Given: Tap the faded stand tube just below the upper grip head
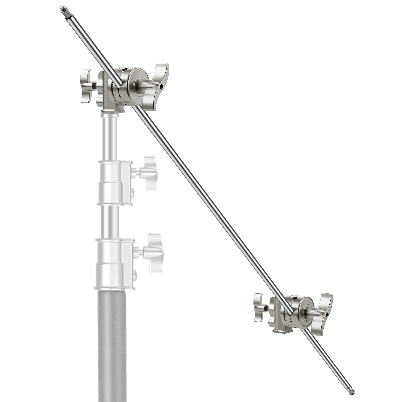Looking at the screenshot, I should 111,136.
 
